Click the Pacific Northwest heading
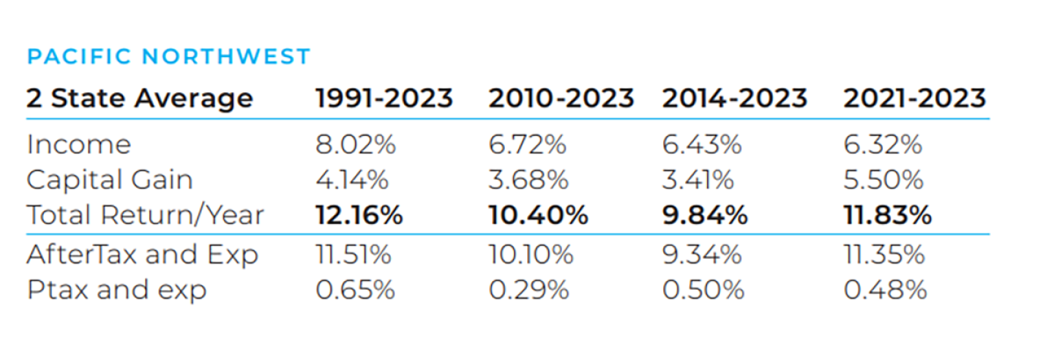(x=168, y=56)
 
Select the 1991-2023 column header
(x=384, y=98)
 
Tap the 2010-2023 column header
(x=561, y=98)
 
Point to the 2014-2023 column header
(x=735, y=98)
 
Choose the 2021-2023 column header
(x=914, y=98)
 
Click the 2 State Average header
(x=140, y=98)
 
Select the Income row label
(x=78, y=144)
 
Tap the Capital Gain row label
(x=110, y=180)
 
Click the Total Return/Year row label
(x=145, y=215)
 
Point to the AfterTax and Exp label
(x=142, y=255)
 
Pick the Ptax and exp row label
(x=116, y=290)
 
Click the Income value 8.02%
(x=356, y=144)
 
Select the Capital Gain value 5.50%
(x=883, y=180)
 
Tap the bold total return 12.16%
(x=359, y=215)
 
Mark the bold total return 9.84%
(x=705, y=215)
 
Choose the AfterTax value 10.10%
(x=531, y=255)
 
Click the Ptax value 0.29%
(x=529, y=290)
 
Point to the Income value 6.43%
(x=702, y=144)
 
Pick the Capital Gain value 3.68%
(x=528, y=180)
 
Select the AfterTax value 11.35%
(x=884, y=255)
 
